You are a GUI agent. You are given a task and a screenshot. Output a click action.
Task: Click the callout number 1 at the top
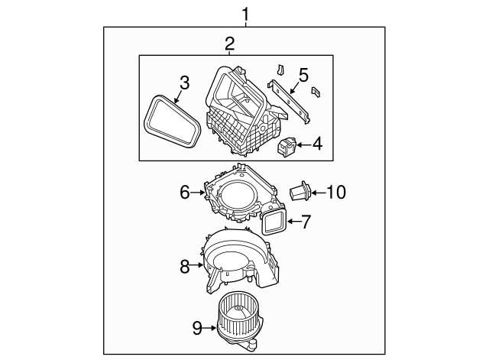pos(245,14)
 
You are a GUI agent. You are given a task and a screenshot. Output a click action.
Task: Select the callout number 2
pos(229,44)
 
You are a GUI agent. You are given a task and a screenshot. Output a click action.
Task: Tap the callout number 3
pos(183,82)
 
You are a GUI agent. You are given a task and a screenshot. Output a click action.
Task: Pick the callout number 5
pos(303,75)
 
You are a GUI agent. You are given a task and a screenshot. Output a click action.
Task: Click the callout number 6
pos(184,192)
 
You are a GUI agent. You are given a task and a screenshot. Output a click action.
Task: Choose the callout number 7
pos(306,222)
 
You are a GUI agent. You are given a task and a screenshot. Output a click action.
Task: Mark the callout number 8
pos(184,266)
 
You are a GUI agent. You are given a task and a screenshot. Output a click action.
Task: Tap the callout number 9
pos(196,329)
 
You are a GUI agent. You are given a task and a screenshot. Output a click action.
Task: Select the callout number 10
pos(336,192)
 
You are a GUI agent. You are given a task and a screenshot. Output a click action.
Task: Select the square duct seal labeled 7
pos(273,223)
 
